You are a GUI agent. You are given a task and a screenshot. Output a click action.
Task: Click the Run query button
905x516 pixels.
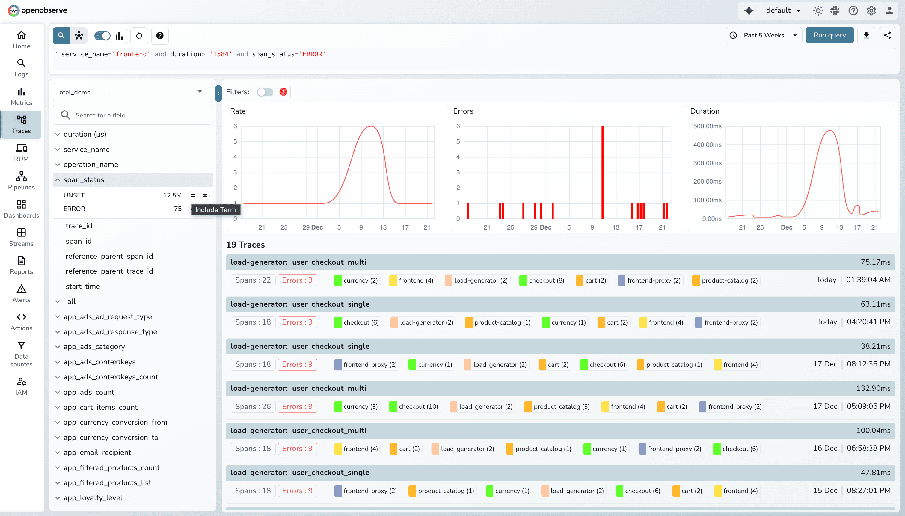(x=829, y=35)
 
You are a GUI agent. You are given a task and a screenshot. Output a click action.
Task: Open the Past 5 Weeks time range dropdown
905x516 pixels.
(x=764, y=35)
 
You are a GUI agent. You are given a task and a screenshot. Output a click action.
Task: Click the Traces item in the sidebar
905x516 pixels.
(x=21, y=124)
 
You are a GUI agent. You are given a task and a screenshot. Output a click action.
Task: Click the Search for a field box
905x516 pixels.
(x=133, y=115)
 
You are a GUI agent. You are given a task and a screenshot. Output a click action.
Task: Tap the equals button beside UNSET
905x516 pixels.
(x=193, y=195)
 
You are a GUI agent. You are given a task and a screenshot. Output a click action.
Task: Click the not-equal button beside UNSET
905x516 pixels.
(x=205, y=195)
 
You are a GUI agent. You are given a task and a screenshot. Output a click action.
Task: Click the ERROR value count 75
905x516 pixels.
(x=177, y=209)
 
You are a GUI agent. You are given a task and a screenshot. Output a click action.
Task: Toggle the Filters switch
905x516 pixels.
(x=265, y=92)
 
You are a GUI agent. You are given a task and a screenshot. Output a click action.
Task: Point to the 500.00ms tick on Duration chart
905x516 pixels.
(x=707, y=126)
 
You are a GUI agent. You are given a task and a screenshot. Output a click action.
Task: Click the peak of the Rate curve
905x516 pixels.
(x=370, y=126)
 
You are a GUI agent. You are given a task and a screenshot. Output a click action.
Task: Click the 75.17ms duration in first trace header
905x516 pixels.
(x=875, y=262)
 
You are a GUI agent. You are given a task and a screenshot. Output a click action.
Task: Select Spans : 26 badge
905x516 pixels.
(x=253, y=407)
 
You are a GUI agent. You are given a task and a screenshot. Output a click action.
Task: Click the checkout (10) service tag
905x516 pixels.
(x=414, y=407)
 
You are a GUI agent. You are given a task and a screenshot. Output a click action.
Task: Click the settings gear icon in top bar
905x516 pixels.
(x=871, y=10)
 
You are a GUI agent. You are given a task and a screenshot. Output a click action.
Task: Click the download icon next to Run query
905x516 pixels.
(x=866, y=35)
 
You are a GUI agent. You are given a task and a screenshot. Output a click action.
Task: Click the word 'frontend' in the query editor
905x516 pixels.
(x=131, y=54)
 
